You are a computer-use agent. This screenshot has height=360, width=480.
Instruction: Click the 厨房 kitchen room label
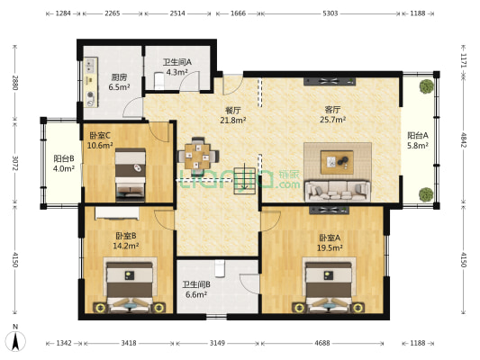118,82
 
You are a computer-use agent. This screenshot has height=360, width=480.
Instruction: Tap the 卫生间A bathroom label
175,67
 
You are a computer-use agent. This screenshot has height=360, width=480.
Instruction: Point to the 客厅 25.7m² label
334,114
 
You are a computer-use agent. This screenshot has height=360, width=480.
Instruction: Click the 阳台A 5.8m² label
419,139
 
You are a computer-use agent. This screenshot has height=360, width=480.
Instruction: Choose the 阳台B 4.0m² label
62,162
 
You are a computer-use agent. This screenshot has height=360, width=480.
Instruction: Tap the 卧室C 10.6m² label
99,140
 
